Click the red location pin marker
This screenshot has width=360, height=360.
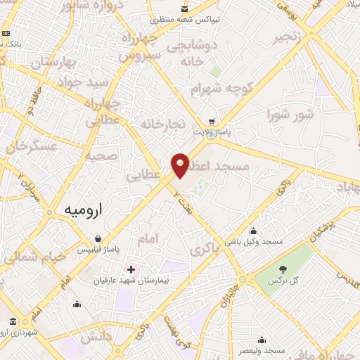tap(180, 165)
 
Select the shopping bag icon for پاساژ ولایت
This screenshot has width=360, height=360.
tap(211, 120)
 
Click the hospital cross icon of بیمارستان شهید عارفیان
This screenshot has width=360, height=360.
tap(131, 269)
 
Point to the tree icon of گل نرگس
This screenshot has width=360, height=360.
tap(283, 269)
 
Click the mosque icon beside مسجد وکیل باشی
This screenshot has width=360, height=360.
tap(253, 230)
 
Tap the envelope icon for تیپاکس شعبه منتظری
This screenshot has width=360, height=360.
tap(184, 8)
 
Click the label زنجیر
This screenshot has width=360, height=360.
tap(289, 35)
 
